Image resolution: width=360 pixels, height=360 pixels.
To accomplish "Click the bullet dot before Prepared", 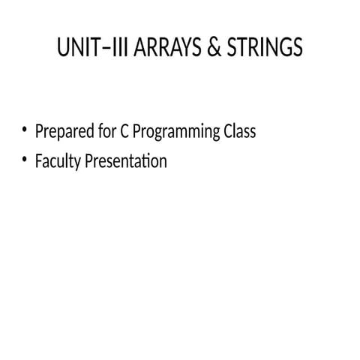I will [25, 131].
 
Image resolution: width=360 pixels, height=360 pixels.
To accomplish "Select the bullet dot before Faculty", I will [25, 160].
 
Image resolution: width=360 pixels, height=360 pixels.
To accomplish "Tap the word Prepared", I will [62, 132].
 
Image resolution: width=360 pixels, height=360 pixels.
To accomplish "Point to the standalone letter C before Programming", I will [124, 131].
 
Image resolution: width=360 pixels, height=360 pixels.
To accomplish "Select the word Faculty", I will [58, 161].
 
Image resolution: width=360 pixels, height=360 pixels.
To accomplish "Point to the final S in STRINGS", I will [297, 49].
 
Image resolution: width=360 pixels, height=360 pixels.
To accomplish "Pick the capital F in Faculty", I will [39, 161].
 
